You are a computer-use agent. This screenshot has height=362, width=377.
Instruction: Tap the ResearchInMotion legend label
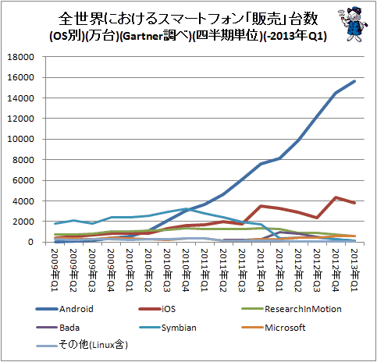[303, 309]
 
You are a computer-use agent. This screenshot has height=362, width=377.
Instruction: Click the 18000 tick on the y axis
[21, 57]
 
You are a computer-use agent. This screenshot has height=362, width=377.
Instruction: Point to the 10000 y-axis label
[21, 139]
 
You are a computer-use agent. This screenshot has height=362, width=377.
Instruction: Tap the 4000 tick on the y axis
[23, 201]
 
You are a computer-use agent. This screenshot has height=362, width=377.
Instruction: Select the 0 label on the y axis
[31, 242]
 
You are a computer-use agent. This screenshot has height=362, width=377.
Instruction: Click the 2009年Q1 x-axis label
[55, 270]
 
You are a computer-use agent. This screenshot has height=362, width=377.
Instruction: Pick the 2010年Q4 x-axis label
[186, 270]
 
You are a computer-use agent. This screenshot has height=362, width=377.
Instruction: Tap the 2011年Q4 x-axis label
[261, 270]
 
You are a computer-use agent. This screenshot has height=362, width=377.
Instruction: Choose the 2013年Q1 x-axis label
[354, 270]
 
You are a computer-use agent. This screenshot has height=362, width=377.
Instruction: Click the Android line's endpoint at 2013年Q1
[354, 81]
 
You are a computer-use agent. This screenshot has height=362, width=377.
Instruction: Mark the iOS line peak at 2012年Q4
[336, 197]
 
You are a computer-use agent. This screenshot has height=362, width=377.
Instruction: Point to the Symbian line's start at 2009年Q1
[55, 223]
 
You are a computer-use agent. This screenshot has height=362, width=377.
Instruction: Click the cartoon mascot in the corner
[353, 24]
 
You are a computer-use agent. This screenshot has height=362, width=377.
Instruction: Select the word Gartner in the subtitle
[142, 36]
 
